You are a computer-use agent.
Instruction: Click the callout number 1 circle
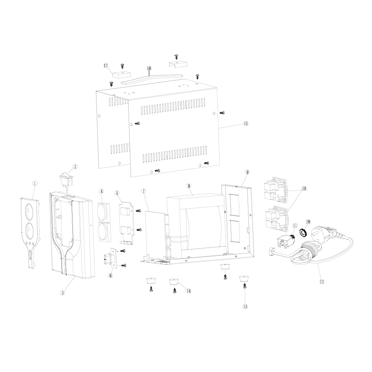pos(35,183)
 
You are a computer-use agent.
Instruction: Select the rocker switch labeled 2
pos(67,179)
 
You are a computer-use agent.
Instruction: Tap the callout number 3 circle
pos(63,293)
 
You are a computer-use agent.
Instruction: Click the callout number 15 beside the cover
pos(246,123)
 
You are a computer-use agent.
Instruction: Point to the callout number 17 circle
pos(106,65)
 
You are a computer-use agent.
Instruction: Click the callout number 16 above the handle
pos(149,68)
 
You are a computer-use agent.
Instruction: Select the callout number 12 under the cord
pos(322,281)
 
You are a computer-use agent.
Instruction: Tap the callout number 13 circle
pos(245,307)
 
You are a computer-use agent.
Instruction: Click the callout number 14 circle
pos(189,291)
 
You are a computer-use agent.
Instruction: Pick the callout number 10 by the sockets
pos(304,189)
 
